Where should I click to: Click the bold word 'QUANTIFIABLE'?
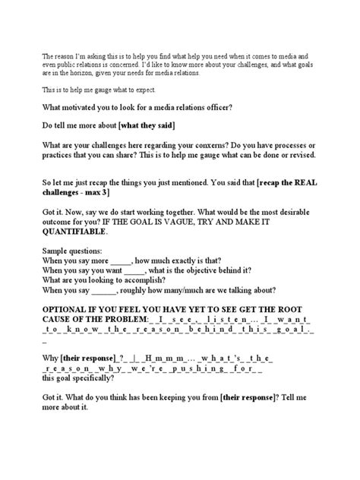click(x=77, y=237)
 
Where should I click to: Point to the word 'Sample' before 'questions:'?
click(x=58, y=258)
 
